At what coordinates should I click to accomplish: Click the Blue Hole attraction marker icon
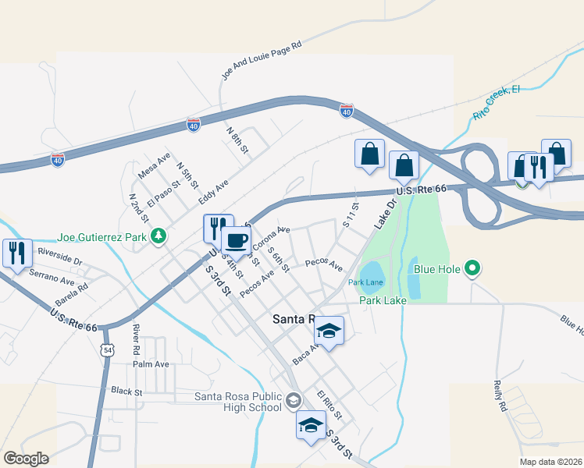[x=472, y=270]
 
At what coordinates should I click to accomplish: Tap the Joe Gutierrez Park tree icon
[x=158, y=235]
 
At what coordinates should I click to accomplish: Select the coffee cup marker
[x=236, y=241]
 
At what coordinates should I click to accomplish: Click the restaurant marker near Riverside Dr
[x=16, y=253]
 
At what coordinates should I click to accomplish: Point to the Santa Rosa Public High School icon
[x=293, y=401]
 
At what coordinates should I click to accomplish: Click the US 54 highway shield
[x=107, y=349]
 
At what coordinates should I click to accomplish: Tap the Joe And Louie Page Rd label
[x=262, y=61]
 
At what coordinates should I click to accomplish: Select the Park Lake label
[x=379, y=300]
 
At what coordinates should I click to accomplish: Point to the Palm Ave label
[x=151, y=364]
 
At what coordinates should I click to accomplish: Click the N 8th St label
[x=237, y=138]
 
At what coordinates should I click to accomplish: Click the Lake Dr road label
[x=386, y=212]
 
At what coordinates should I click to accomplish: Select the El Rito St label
[x=330, y=405]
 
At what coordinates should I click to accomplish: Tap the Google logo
[x=26, y=459]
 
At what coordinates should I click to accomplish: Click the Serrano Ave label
[x=52, y=276]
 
